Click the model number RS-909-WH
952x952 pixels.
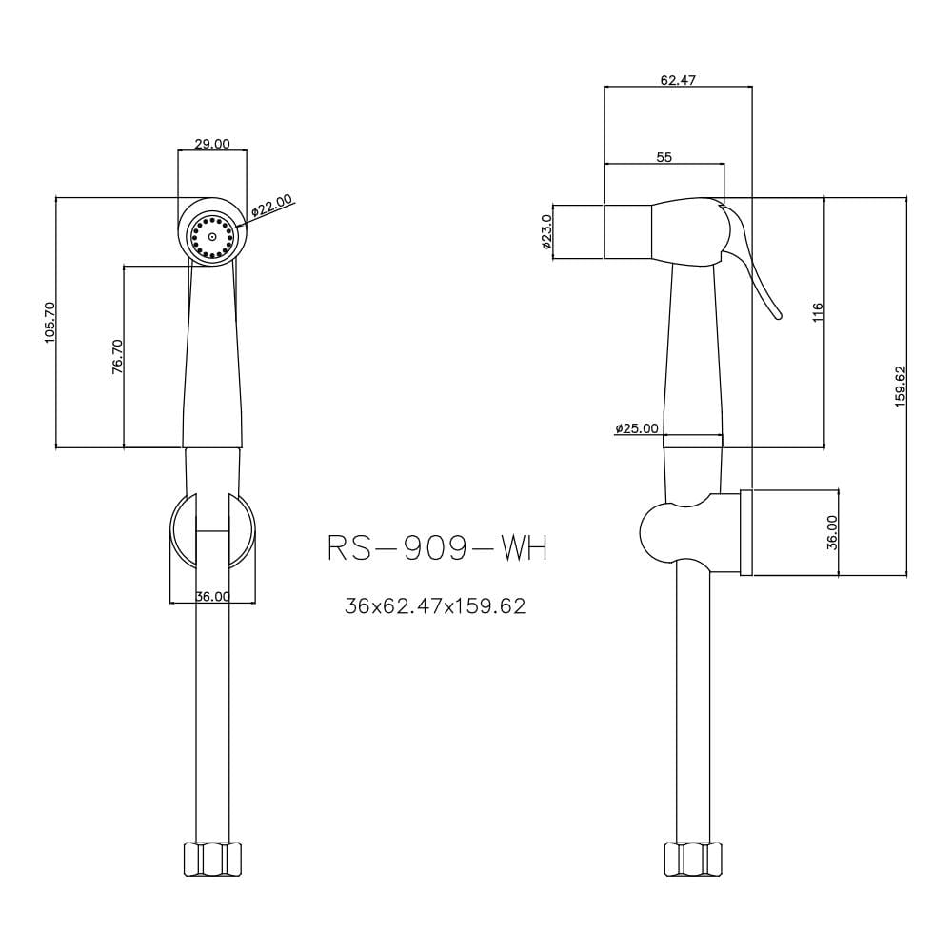pyautogui.click(x=438, y=549)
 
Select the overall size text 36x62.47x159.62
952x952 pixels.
pyautogui.click(x=435, y=605)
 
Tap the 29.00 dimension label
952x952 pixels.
pyautogui.click(x=212, y=144)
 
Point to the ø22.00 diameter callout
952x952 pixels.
pyautogui.click(x=272, y=206)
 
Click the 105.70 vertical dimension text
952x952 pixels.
pyautogui.click(x=50, y=323)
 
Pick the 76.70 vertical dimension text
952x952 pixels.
pyautogui.click(x=118, y=356)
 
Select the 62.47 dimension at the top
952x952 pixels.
pyautogui.click(x=678, y=80)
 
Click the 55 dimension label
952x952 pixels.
pyautogui.click(x=664, y=157)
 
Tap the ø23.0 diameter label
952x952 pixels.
pyautogui.click(x=545, y=232)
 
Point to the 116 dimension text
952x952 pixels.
pyautogui.click(x=817, y=312)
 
